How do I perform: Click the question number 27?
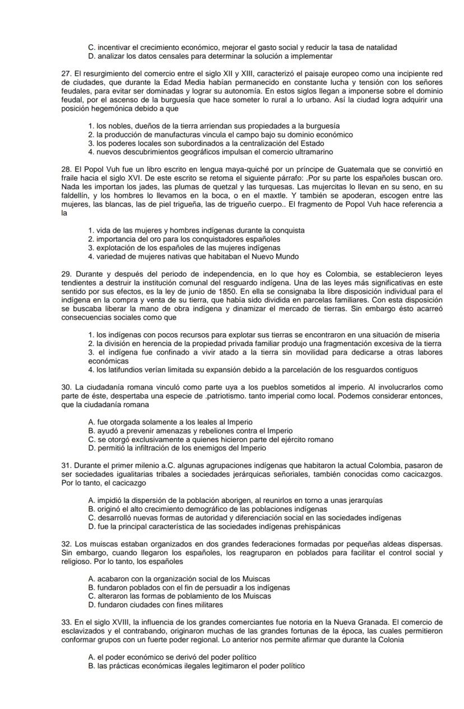coord(66,73)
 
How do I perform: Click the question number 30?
coord(66,387)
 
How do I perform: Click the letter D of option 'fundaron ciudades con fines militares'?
coord(91,605)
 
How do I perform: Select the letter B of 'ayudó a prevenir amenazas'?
coord(91,431)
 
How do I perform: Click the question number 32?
coord(66,544)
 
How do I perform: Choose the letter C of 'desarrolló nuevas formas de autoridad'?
coord(91,517)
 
